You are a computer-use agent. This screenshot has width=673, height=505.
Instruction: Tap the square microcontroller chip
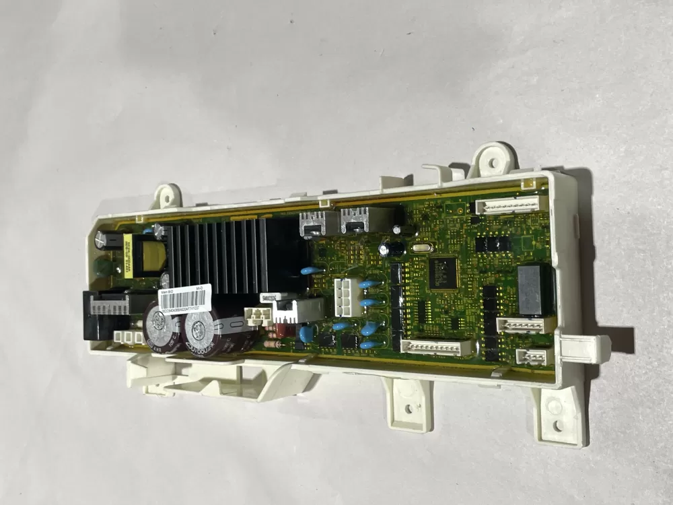coord(443,271)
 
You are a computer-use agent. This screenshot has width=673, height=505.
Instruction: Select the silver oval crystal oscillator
coord(419,250)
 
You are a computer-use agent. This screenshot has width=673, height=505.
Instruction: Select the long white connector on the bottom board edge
coord(435,347)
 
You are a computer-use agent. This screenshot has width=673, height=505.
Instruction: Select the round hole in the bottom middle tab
coord(407,408)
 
